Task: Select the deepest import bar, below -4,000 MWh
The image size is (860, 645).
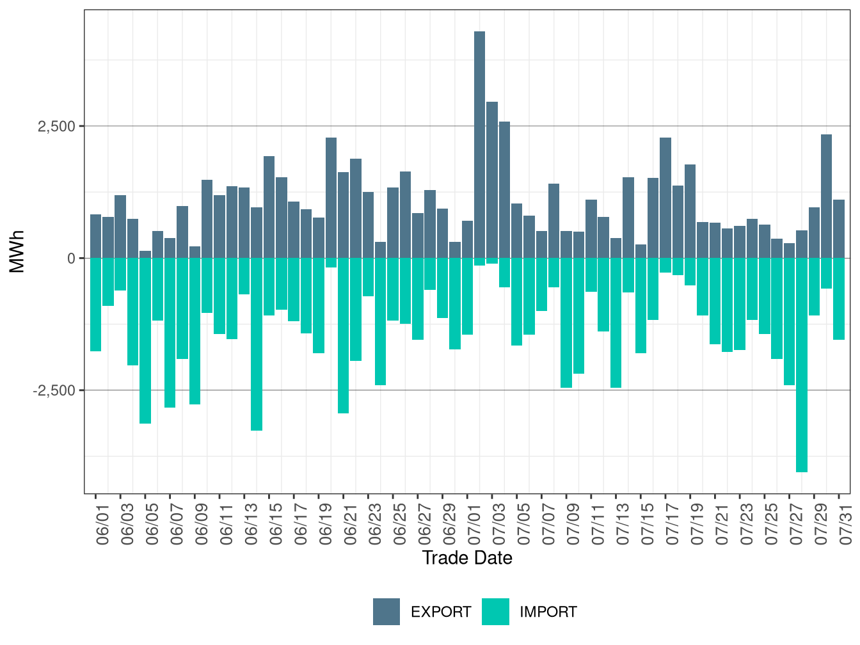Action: (x=802, y=365)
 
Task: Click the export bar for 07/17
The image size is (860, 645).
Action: (x=665, y=198)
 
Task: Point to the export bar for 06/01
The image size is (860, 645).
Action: (x=95, y=236)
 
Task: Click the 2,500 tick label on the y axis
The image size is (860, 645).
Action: (x=56, y=127)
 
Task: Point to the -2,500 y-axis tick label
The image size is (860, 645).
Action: (x=54, y=390)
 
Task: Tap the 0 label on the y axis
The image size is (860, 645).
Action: (x=71, y=259)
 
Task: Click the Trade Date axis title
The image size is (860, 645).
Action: (x=467, y=558)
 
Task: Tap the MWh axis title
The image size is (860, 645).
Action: (x=17, y=251)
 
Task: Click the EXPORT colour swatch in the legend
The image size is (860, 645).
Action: (x=386, y=612)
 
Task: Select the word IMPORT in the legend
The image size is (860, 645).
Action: (x=548, y=612)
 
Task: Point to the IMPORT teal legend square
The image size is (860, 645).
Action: (x=495, y=612)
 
